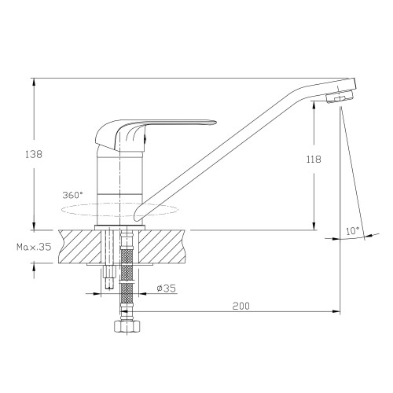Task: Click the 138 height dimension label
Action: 34,154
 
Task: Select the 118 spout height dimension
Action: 314,159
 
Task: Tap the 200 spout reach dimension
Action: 241,306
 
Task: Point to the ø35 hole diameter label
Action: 166,288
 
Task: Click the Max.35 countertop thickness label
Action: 34,247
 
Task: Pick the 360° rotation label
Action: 72,195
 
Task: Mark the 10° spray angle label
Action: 352,231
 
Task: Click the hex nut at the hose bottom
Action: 127,326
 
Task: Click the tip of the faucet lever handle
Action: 215,122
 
